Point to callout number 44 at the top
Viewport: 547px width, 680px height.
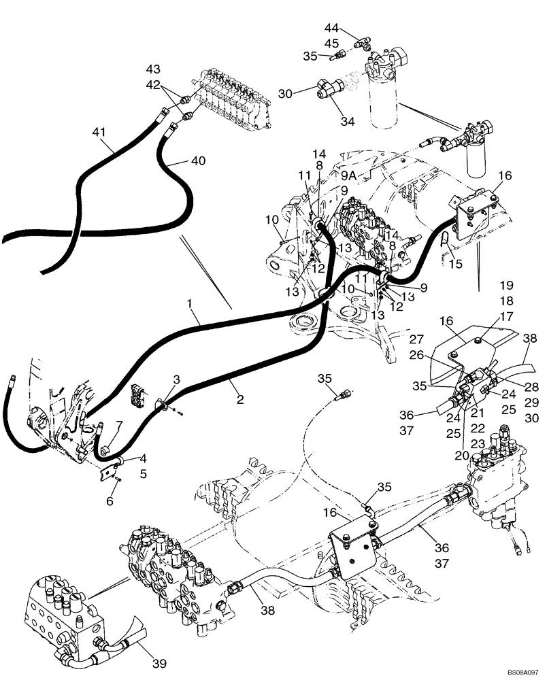click(331, 29)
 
